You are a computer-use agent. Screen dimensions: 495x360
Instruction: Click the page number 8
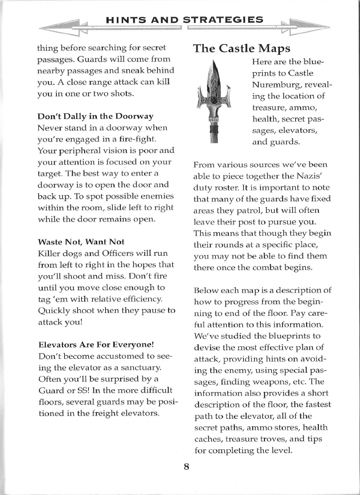click(x=187, y=466)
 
